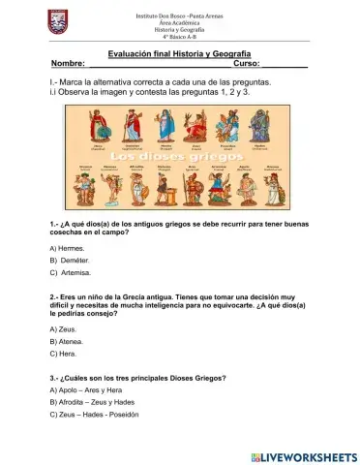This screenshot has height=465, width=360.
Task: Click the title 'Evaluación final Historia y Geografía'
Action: (179, 54)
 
